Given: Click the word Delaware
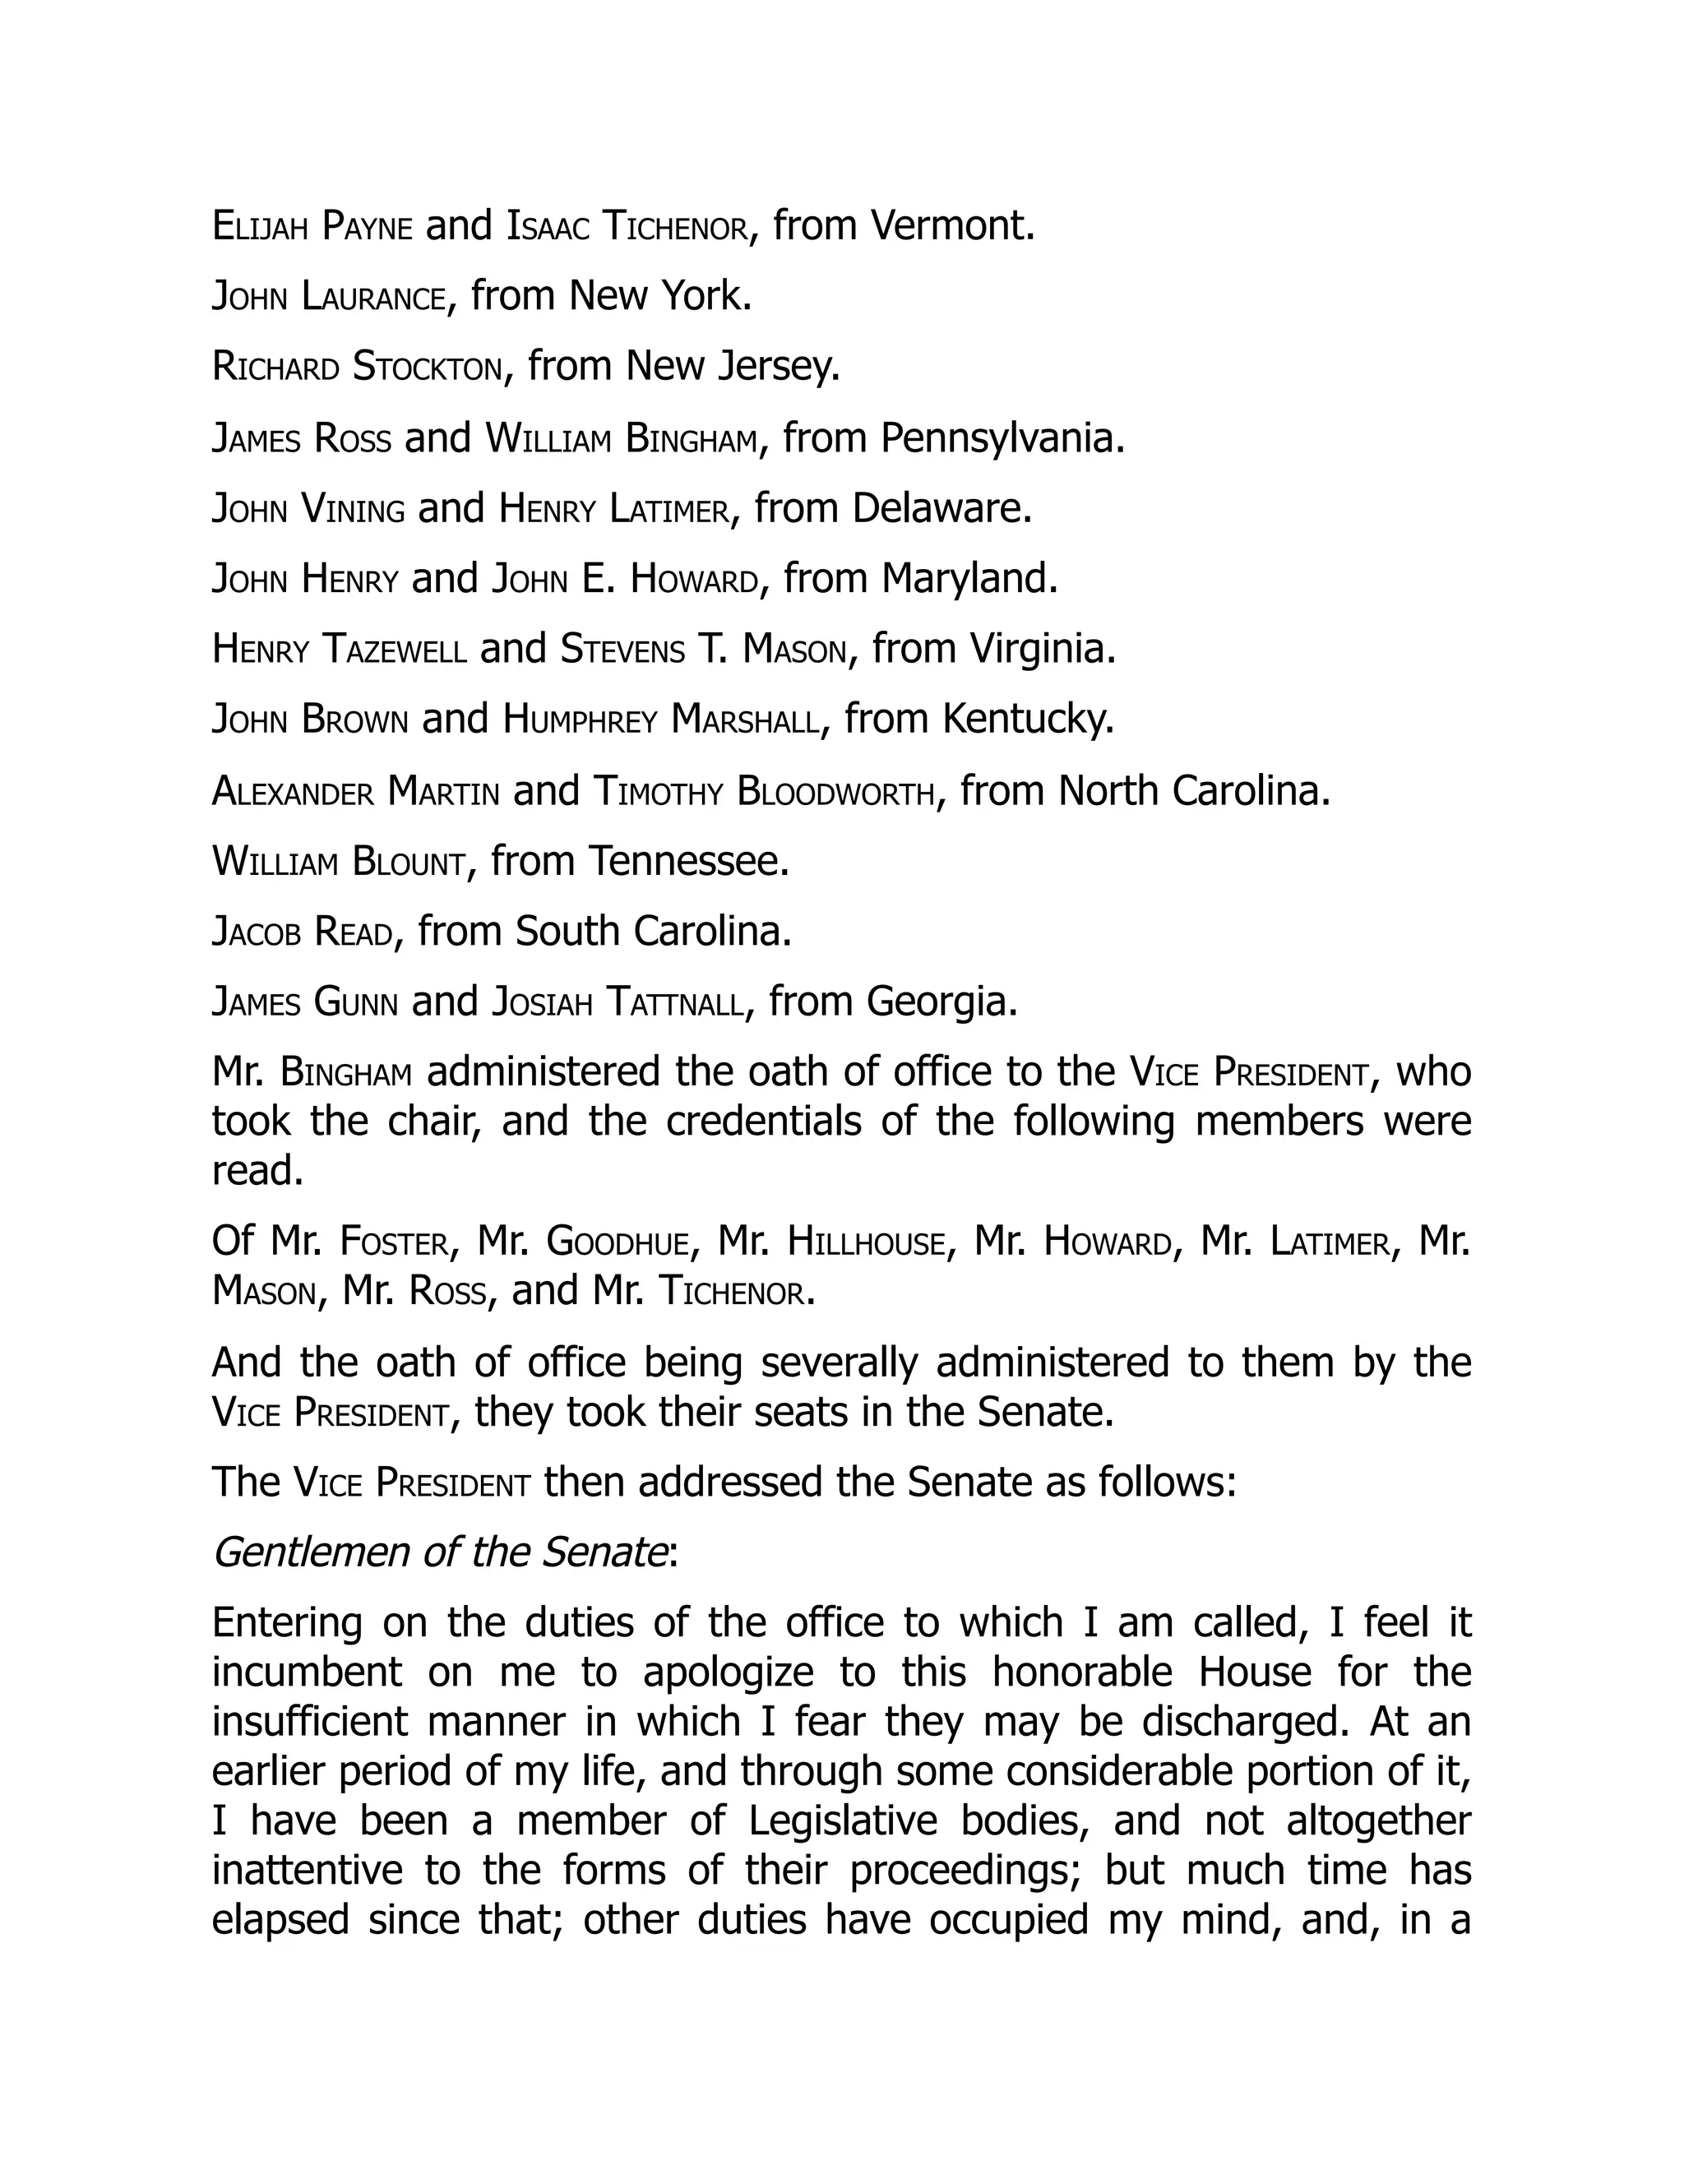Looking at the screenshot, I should coord(941,509).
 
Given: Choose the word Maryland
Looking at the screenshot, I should coord(969,579).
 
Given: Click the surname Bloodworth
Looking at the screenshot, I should coord(837,792).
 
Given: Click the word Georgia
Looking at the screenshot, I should coord(941,1002).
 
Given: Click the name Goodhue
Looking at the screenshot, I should coord(618,1242).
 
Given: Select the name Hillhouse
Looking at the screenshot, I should coord(865,1242).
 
